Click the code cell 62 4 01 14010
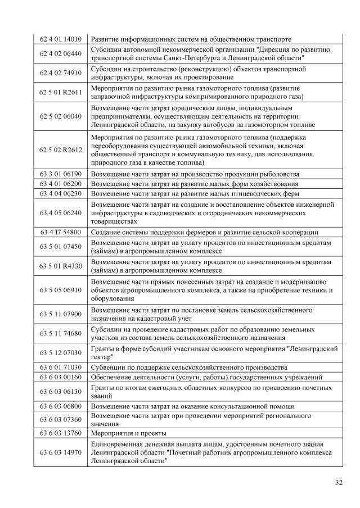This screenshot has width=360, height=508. pyautogui.click(x=61, y=39)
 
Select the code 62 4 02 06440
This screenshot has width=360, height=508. pyautogui.click(x=61, y=54)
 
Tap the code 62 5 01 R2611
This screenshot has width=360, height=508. pyautogui.click(x=61, y=92)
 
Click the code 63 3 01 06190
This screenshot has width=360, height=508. pyautogui.click(x=61, y=174)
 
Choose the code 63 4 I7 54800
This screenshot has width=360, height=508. pyautogui.click(x=61, y=232)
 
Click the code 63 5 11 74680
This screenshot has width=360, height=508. pyautogui.click(x=61, y=333)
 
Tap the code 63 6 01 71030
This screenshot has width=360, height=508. pyautogui.click(x=61, y=367)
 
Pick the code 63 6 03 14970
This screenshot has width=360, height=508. pyautogui.click(x=61, y=452)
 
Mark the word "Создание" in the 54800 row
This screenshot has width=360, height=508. pyautogui.click(x=107, y=232)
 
